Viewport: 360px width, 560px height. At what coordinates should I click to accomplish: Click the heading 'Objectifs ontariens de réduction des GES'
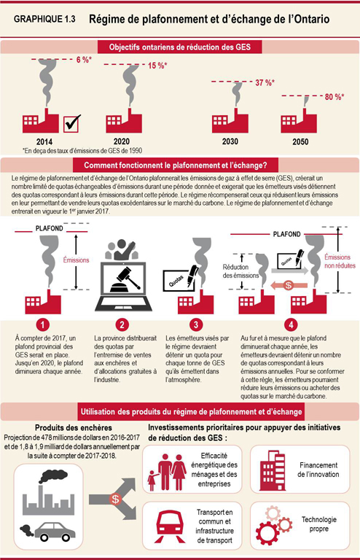point(180,47)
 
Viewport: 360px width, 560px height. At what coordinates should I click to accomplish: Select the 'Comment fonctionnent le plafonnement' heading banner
point(180,165)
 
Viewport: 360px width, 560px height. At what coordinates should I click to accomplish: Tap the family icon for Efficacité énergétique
point(172,467)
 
